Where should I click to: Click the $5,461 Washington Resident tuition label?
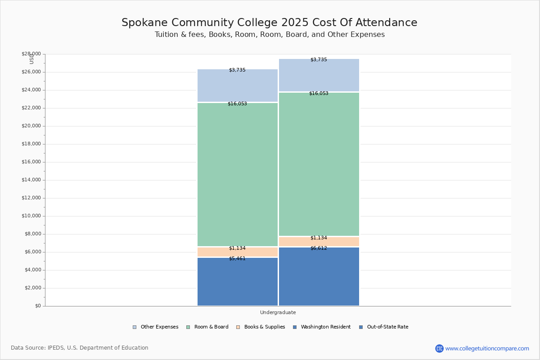237,259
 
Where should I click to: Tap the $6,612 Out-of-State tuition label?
319,248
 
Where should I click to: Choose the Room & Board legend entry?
211,327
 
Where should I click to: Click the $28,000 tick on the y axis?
31,54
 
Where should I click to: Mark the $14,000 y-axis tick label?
31,180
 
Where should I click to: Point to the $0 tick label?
37,306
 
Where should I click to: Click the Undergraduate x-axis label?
278,312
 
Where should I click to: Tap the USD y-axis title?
31,58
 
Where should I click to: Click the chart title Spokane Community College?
269,22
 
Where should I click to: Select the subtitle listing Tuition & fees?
270,35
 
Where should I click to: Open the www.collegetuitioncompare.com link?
487,348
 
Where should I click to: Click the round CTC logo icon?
439,348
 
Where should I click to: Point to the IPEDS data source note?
80,348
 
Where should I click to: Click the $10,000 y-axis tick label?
31,216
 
